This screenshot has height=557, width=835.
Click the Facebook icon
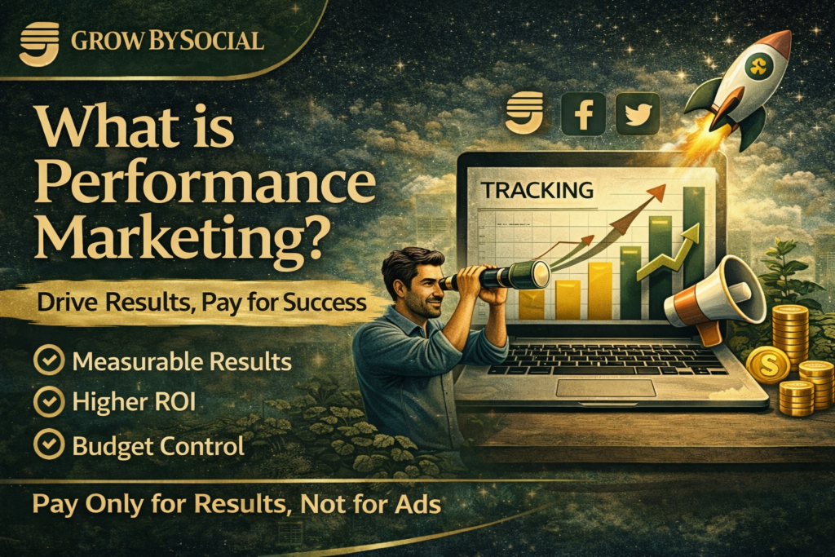584,113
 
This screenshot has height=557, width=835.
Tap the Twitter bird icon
638,113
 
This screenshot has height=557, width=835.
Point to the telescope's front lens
539,275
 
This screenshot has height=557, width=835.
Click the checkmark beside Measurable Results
50,361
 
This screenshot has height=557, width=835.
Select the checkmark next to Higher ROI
50,403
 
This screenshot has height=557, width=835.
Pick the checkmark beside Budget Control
50,445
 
